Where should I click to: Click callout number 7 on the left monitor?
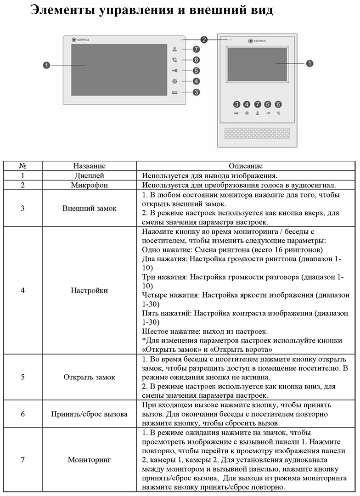(x=196, y=49)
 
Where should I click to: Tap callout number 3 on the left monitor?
(x=196, y=92)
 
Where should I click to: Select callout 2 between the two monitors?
(x=204, y=40)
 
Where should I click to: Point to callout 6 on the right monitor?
(x=278, y=104)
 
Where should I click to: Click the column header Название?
(x=89, y=166)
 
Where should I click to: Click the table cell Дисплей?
(x=89, y=175)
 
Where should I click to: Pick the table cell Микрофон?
(x=89, y=185)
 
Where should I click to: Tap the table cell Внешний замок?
(x=89, y=208)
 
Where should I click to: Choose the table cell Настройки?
(x=89, y=290)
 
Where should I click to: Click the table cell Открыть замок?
(x=89, y=377)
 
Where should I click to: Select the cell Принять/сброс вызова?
(x=89, y=414)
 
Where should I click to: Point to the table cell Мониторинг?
(x=89, y=459)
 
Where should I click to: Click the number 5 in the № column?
(x=22, y=377)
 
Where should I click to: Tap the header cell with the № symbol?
(x=22, y=166)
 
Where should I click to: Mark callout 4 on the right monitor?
(x=247, y=104)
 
